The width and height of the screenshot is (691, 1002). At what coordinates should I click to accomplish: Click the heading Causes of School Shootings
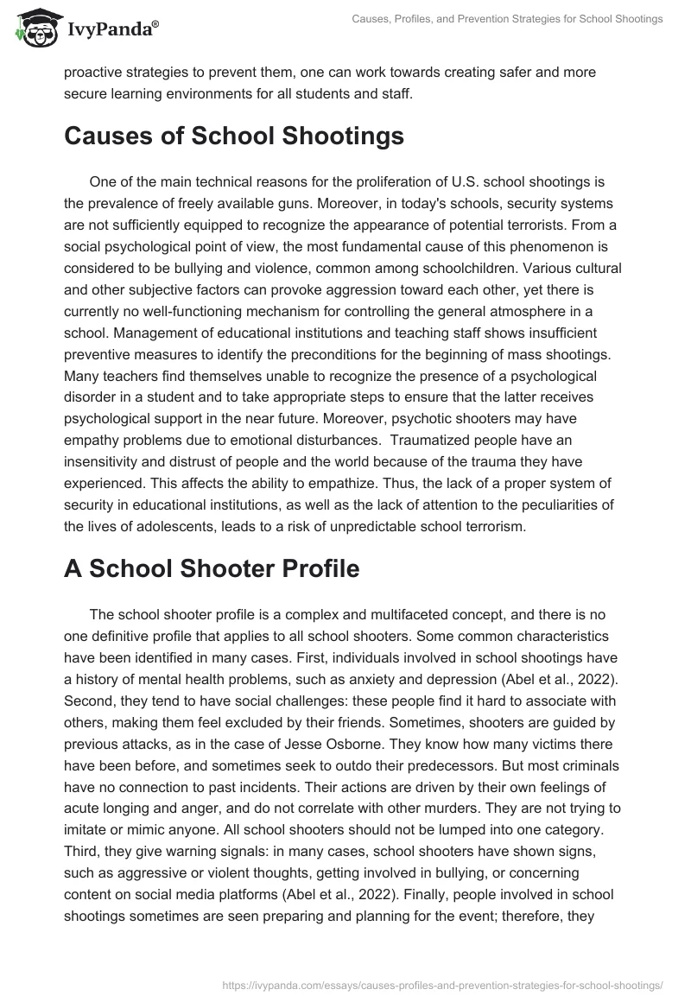pos(233,136)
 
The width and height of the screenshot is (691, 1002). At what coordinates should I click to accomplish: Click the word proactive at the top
pos(98,73)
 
